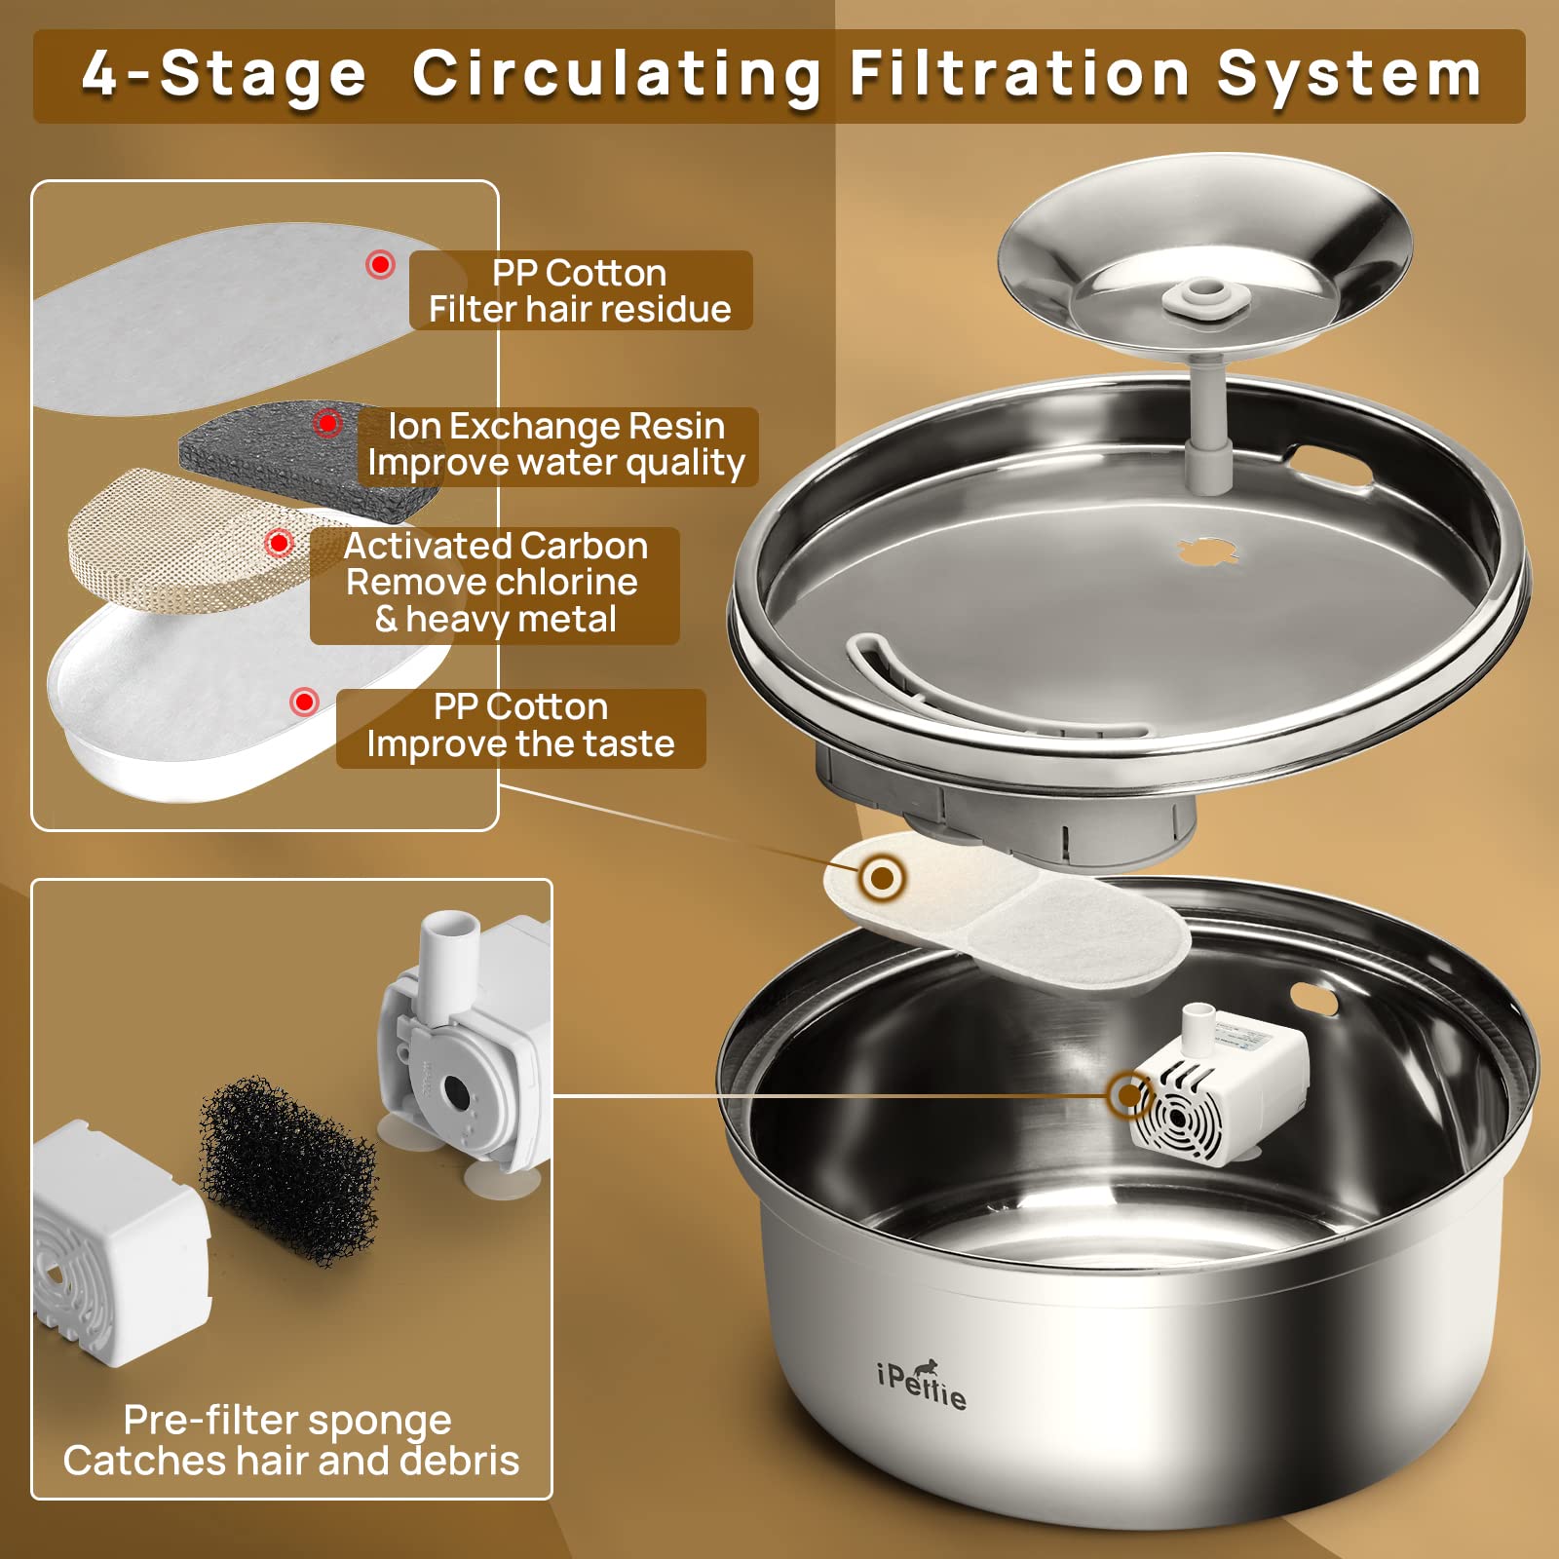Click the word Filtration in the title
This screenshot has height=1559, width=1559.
(x=1018, y=74)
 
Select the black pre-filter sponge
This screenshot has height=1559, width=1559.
(x=289, y=1170)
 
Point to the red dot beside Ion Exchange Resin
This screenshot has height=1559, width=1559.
(x=327, y=423)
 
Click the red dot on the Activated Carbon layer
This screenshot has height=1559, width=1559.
(x=280, y=543)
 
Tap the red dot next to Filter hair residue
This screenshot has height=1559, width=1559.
(x=380, y=264)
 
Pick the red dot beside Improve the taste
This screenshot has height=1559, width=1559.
(x=305, y=702)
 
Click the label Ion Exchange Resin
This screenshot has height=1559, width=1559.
(x=556, y=426)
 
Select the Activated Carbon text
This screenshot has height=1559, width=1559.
(x=496, y=546)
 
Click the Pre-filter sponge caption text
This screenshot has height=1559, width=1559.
(x=287, y=1421)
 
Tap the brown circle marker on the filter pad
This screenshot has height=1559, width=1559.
(x=883, y=878)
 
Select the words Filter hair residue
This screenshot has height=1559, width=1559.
(x=580, y=310)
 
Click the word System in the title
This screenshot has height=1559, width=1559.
(x=1349, y=76)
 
